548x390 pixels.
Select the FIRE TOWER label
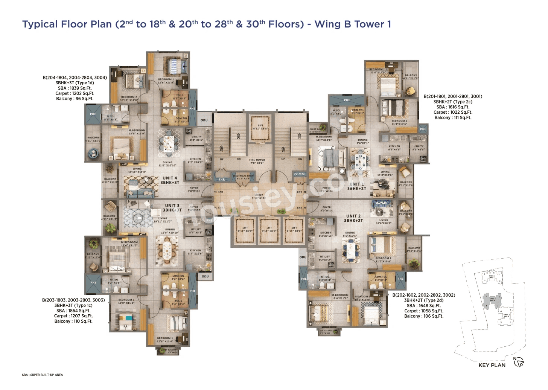click(x=257, y=161)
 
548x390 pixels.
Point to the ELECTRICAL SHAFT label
click(x=244, y=177)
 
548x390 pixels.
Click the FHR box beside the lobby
click(x=222, y=180)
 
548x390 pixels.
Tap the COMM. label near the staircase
click(x=300, y=174)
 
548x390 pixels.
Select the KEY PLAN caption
click(x=492, y=365)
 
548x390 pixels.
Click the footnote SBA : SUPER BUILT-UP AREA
click(x=43, y=375)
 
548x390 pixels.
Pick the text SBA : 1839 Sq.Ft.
click(x=75, y=88)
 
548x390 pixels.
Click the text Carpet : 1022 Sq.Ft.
click(x=453, y=112)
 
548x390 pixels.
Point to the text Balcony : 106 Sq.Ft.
click(x=423, y=316)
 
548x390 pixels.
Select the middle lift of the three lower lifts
click(x=269, y=230)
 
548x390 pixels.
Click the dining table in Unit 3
click(x=166, y=250)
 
